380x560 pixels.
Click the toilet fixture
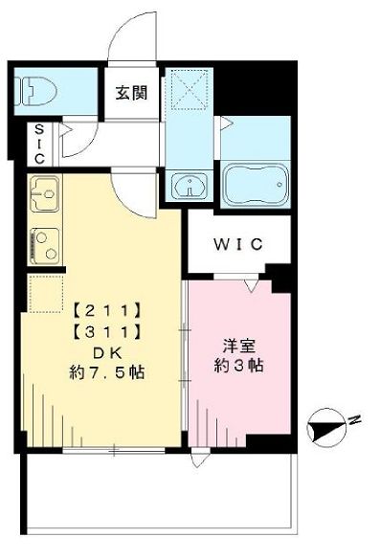tap(35, 92)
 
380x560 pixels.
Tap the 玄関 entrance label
tap(131, 93)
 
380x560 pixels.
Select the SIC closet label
tap(39, 144)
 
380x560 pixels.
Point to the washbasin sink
tap(190, 185)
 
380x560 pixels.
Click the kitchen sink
tap(45, 193)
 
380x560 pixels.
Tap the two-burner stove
tap(45, 246)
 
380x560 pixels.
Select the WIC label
tap(238, 244)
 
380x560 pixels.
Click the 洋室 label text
tap(239, 346)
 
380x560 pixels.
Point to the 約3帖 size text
tap(238, 366)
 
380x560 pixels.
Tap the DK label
tap(107, 353)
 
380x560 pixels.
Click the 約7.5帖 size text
tap(107, 373)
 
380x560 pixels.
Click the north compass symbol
tap(325, 428)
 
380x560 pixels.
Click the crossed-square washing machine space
tap(190, 89)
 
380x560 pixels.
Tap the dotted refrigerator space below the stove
tap(46, 294)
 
